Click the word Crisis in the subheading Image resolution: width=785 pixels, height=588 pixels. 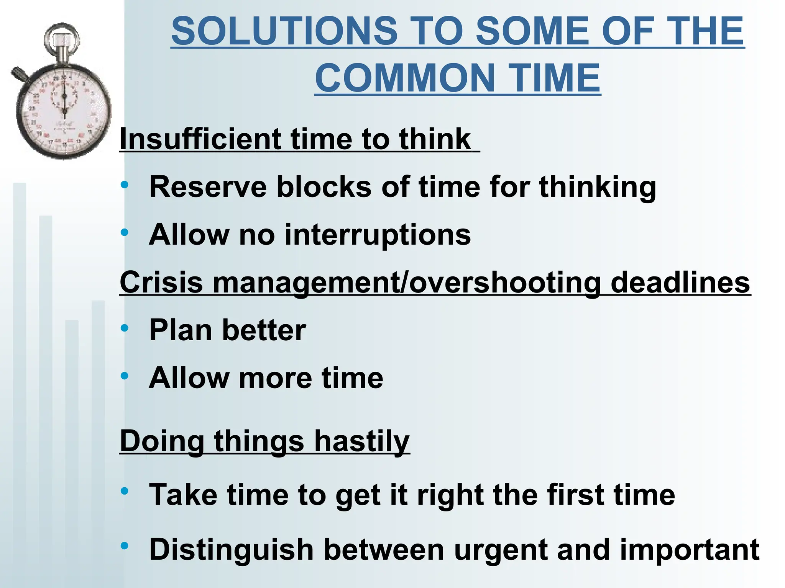point(161,283)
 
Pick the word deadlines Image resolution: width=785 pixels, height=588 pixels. point(680,283)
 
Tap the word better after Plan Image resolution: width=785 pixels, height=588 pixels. point(264,330)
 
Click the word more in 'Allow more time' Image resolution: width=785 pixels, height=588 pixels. point(275,378)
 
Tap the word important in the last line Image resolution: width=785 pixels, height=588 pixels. point(690,550)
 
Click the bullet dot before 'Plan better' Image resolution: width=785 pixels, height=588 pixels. point(124,328)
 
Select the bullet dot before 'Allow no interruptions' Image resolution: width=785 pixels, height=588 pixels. point(124,232)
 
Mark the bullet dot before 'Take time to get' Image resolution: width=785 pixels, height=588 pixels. point(124,491)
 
